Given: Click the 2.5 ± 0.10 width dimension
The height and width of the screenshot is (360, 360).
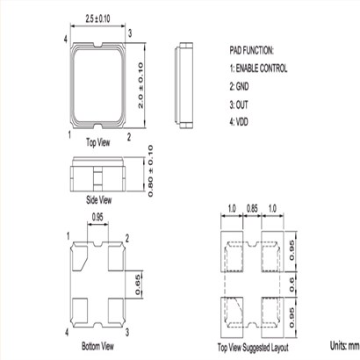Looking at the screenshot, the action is [x=97, y=19].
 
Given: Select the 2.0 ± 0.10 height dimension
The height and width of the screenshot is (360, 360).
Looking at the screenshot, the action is [x=140, y=85].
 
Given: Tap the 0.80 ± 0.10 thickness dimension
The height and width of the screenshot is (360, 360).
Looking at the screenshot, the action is [x=150, y=171].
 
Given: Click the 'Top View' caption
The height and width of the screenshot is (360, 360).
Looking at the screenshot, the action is [x=98, y=142].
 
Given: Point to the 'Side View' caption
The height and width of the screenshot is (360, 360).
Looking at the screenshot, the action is [x=98, y=200].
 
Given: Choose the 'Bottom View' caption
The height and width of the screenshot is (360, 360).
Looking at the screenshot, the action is [x=97, y=346].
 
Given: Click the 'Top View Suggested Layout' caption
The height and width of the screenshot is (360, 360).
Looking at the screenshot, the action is [x=253, y=348].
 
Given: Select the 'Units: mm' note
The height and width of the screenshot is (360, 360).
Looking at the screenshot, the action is [x=345, y=346].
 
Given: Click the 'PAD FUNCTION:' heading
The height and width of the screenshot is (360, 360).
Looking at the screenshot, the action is [x=251, y=50].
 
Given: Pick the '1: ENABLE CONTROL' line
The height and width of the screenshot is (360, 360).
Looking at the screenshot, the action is [x=258, y=68].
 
